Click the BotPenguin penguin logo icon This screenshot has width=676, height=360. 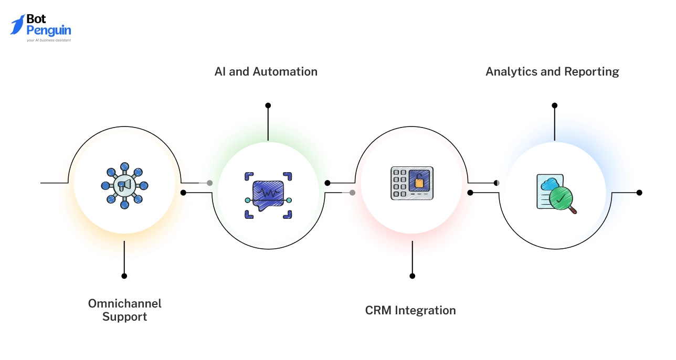(x=18, y=25)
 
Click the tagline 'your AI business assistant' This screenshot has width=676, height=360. (x=49, y=40)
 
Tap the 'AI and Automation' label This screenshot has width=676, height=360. (x=266, y=71)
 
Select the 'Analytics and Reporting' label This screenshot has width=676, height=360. (x=552, y=71)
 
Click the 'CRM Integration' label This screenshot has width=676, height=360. (x=410, y=310)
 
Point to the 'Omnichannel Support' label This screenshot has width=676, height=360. (x=125, y=310)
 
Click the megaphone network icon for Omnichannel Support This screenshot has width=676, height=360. (x=124, y=185)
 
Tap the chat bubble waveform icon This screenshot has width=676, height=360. (x=268, y=195)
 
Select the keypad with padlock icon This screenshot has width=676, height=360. (x=412, y=183)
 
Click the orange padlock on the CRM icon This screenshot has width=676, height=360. (x=419, y=182)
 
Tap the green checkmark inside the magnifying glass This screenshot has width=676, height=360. (x=561, y=199)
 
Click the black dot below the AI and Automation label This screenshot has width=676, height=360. (x=268, y=105)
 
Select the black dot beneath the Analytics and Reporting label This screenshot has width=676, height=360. (x=554, y=105)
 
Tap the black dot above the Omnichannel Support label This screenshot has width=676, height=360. (x=124, y=276)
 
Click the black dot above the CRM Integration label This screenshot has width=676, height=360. (x=413, y=276)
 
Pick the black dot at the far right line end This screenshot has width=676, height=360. (x=639, y=193)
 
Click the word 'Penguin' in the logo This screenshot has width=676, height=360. (x=49, y=30)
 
